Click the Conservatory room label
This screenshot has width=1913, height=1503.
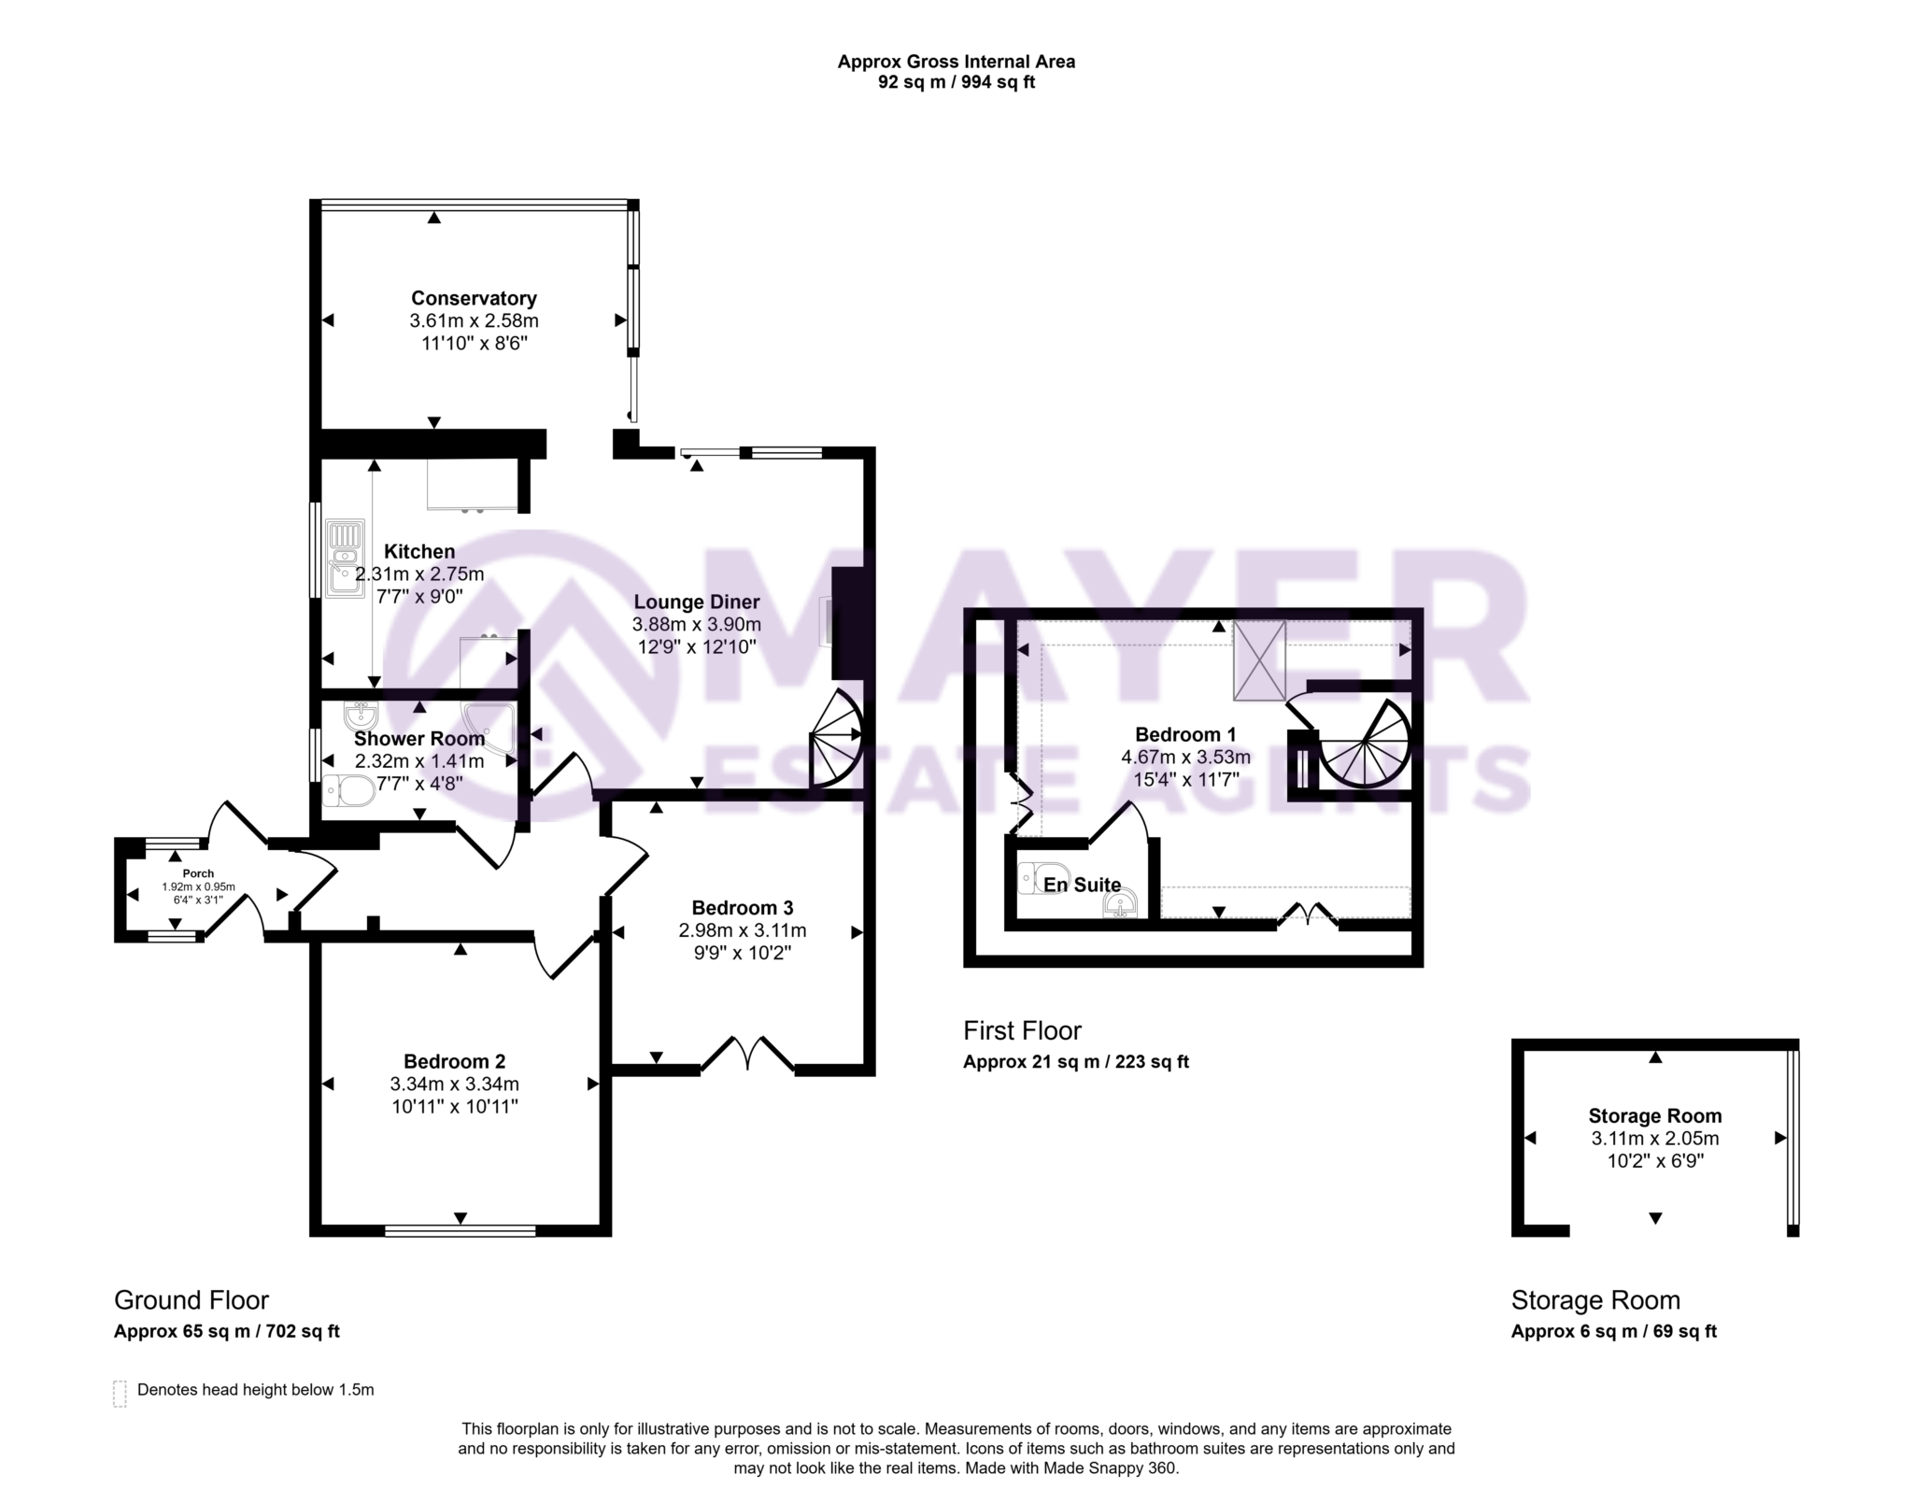click(474, 299)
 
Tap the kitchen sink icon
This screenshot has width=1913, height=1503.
click(345, 559)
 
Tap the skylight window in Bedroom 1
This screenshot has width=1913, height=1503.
click(1259, 659)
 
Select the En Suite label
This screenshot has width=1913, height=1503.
click(1082, 885)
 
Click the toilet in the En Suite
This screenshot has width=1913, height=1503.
click(1039, 878)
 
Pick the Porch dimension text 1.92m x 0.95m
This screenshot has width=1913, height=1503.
click(198, 886)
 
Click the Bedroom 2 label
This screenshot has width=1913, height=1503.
click(454, 1061)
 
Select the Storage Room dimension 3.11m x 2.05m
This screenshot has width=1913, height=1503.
click(1655, 1139)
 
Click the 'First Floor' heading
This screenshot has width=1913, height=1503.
click(1022, 1031)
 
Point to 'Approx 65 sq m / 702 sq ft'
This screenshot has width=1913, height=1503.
click(226, 1331)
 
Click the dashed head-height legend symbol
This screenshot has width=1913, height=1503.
click(120, 1393)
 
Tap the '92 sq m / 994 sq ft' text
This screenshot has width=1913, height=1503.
click(956, 82)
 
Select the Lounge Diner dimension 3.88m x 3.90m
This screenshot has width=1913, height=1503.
click(696, 624)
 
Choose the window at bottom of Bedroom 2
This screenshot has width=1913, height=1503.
click(461, 1230)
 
